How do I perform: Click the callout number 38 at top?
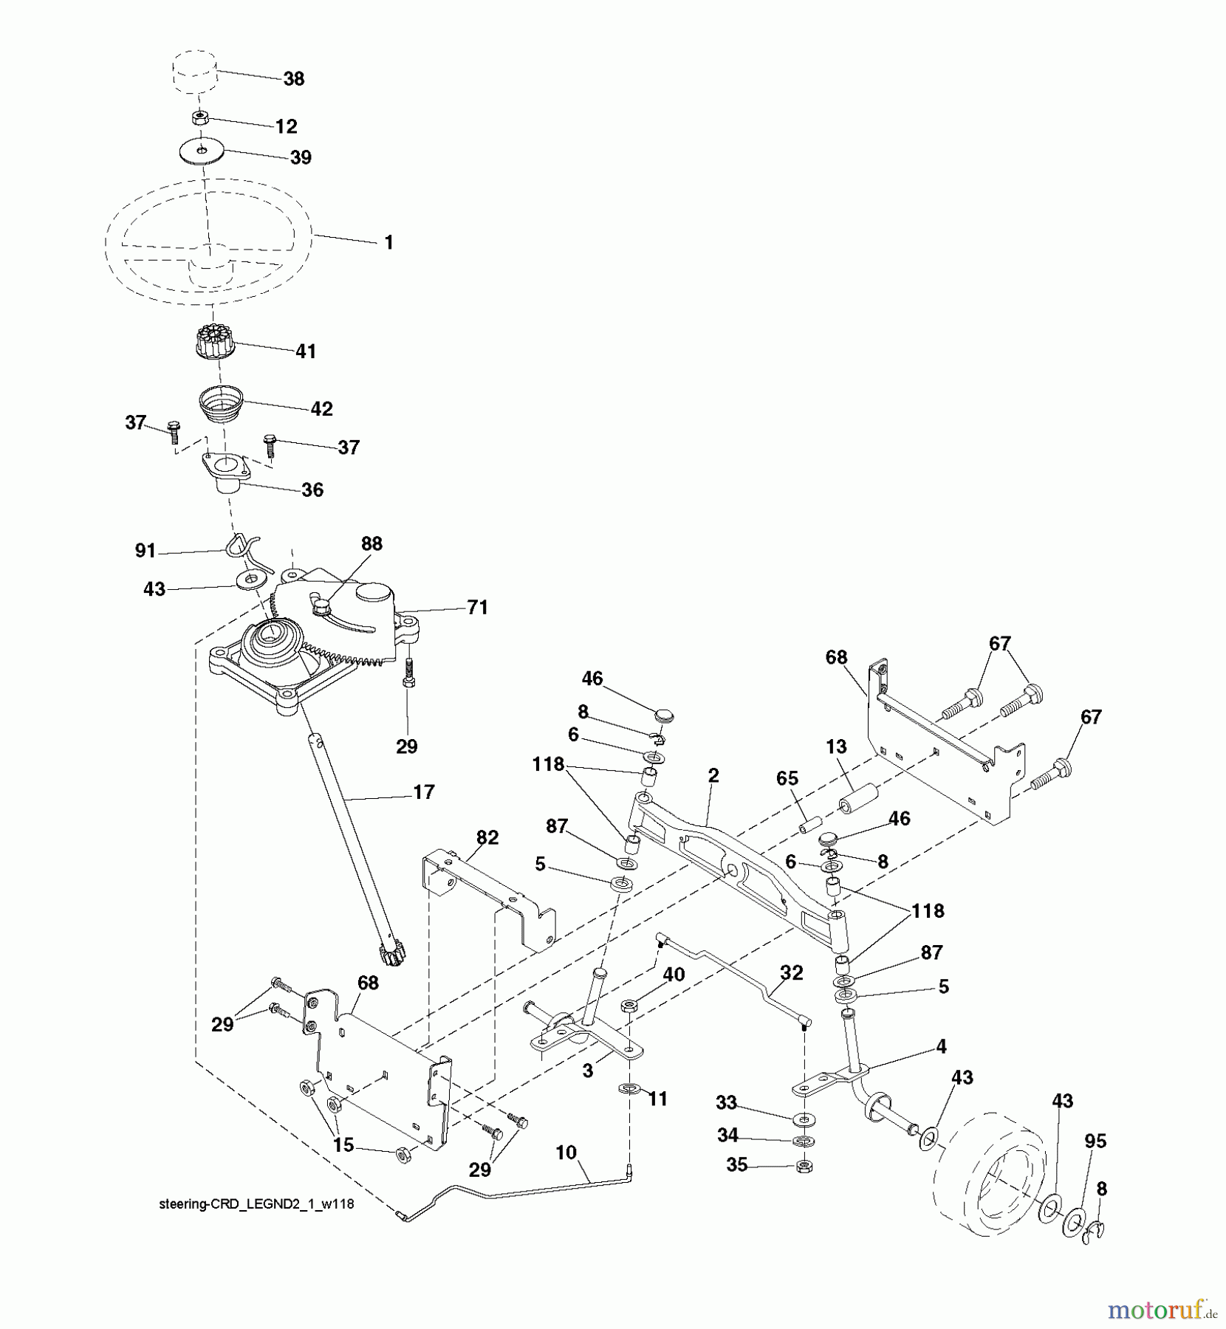(294, 79)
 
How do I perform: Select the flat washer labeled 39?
(202, 152)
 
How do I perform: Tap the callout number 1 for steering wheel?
(389, 242)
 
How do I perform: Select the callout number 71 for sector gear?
(477, 607)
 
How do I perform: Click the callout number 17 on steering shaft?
(424, 792)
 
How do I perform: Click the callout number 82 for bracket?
(487, 837)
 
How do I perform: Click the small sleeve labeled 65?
(812, 823)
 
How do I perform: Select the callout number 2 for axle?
(713, 775)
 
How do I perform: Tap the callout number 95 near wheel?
(1095, 1141)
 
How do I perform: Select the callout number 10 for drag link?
(566, 1153)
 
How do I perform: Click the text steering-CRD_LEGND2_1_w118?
(256, 1204)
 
